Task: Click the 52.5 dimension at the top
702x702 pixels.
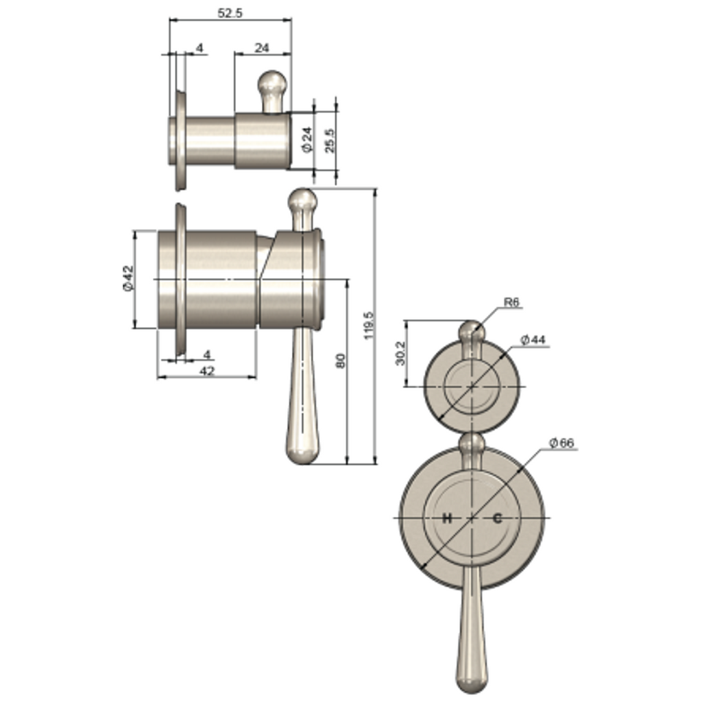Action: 230,13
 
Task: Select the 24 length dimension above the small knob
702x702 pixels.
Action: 262,47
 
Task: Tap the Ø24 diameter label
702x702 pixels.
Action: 307,140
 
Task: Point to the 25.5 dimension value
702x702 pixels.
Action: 330,141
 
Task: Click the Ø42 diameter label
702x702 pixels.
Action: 128,278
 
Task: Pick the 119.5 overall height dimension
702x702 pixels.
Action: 369,326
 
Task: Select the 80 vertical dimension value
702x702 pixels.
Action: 341,361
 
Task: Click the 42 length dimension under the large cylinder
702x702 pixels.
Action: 207,371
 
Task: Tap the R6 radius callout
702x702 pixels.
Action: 511,302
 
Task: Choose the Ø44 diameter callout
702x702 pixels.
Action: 533,340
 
